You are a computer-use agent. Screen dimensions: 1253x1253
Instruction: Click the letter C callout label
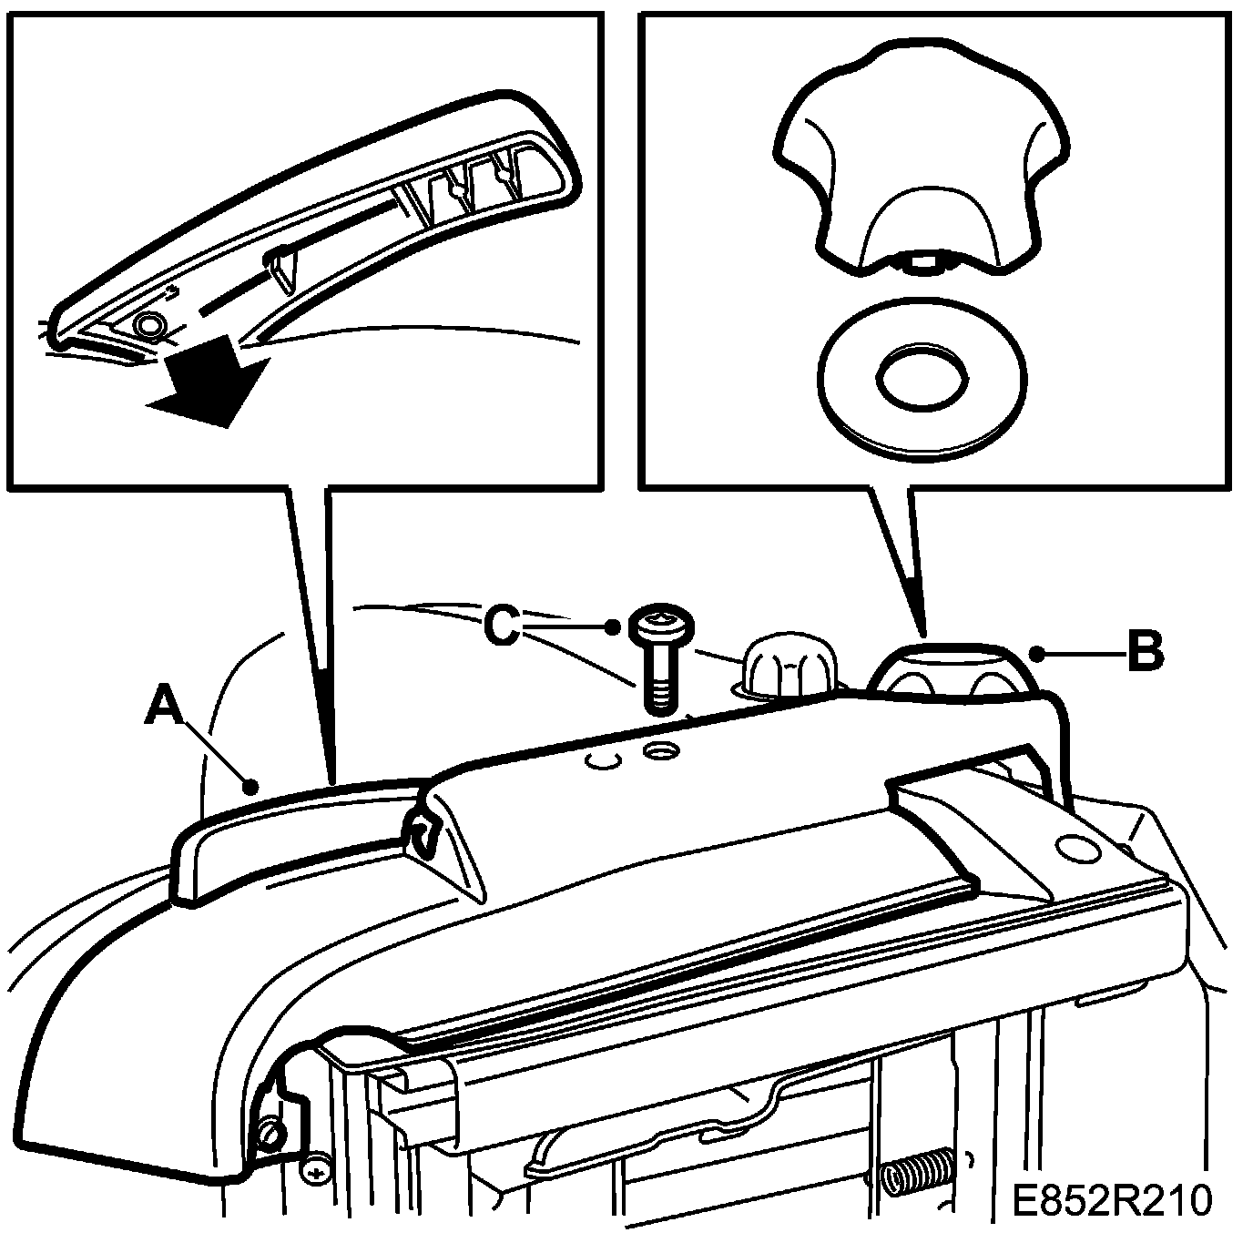point(503,626)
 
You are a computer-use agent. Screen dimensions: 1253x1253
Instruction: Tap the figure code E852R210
point(1113,1199)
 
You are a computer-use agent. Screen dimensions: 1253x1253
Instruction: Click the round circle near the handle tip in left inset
point(149,325)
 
